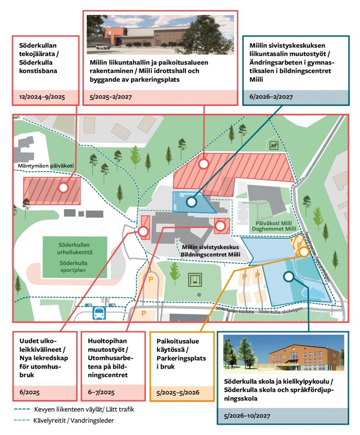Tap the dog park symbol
273,146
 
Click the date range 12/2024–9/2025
42,97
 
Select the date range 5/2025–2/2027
109,97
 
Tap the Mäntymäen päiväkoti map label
40,166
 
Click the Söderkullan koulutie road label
234,311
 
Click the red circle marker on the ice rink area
63,187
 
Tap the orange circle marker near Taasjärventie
303,251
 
